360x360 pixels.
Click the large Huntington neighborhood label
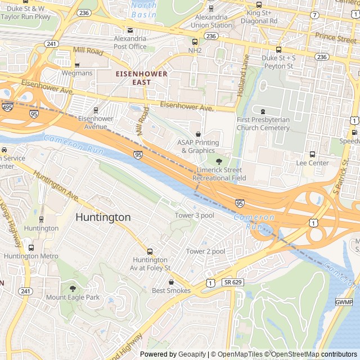103,217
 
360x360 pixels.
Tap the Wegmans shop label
77,73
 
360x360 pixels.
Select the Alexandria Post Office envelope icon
130,30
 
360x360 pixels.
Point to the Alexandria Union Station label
211,21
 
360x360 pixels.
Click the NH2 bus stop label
195,50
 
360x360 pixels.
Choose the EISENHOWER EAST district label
142,78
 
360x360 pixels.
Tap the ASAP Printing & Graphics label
198,146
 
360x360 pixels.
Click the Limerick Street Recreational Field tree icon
219,161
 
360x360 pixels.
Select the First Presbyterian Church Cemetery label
263,124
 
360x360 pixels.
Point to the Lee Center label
312,163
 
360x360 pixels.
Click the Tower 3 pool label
195,215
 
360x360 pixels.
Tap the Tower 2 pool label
206,251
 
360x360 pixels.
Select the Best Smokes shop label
171,290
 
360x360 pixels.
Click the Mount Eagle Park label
73,297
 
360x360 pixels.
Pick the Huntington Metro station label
31,256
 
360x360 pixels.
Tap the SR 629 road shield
233,282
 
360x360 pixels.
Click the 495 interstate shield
8,107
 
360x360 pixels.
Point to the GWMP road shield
344,302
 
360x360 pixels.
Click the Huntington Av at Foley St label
151,263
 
